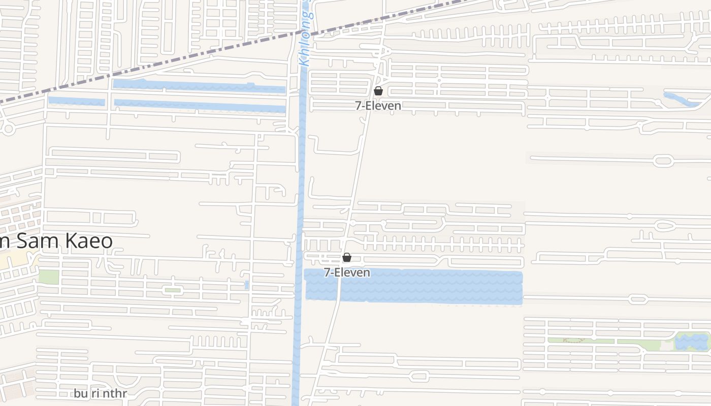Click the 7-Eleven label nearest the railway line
[378, 106]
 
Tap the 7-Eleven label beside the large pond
[347, 273]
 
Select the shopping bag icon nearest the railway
[378, 91]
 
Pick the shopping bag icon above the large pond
[347, 257]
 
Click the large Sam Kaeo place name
[56, 241]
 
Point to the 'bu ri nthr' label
[100, 393]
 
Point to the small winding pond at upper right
[681, 99]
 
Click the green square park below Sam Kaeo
[49, 277]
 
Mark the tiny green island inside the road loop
[173, 290]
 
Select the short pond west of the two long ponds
[76, 101]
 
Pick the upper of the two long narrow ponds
[198, 86]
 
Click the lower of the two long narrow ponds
[198, 106]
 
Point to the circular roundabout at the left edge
[8, 128]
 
